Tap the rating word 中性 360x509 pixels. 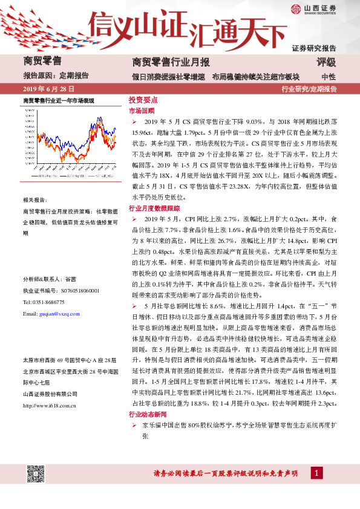click(329, 77)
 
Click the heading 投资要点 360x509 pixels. click(143, 100)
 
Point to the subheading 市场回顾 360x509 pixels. click(142, 111)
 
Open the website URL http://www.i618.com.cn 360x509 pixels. click(51, 389)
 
